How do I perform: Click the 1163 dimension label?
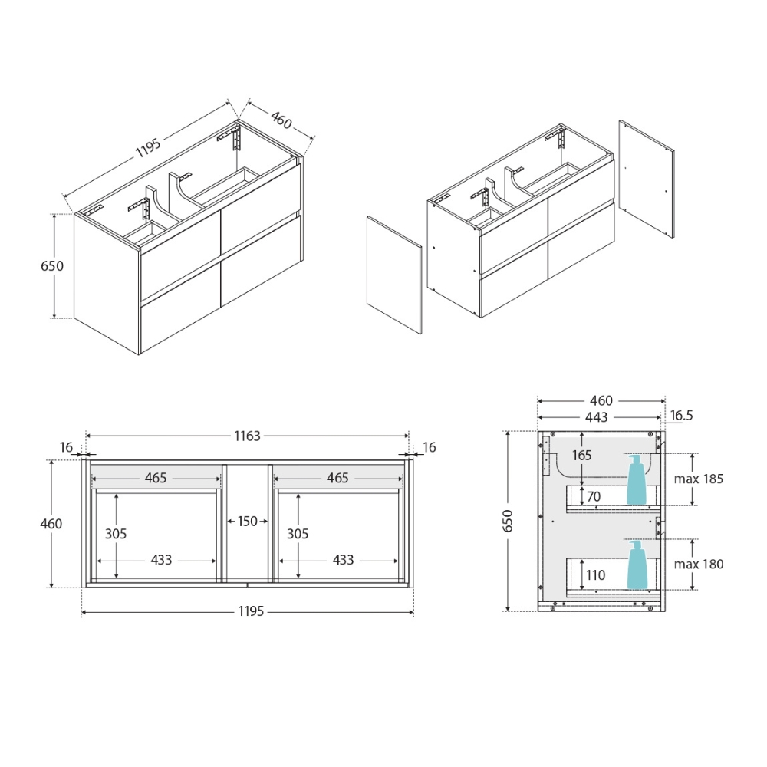tap(248, 436)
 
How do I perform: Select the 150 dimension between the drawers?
tap(248, 522)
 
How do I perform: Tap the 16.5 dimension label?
tap(682, 415)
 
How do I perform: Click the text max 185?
tap(699, 479)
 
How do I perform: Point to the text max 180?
tap(699, 564)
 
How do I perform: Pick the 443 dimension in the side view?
tap(597, 417)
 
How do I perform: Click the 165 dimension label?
tap(582, 456)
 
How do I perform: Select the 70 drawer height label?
tap(594, 496)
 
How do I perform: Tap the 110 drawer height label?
tap(596, 575)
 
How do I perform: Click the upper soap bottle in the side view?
tap(637, 480)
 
